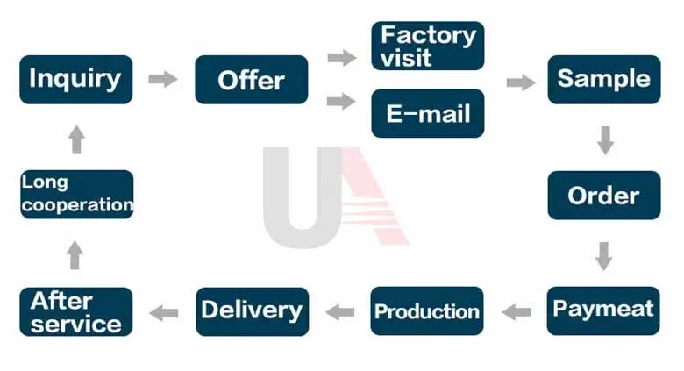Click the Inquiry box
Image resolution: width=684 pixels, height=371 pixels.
76,79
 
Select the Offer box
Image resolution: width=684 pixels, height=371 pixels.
252,80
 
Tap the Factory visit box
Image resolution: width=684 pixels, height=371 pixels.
428,46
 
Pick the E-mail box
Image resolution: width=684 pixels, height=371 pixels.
428,113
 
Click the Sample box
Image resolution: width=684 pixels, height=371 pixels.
604,79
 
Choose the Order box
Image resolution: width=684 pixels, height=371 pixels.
604,195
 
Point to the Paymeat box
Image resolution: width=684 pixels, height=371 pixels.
603,310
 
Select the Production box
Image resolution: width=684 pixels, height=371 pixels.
427,310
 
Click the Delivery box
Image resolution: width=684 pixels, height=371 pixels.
252,310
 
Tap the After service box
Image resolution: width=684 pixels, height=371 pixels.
76,311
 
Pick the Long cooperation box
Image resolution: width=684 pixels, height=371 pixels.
76,194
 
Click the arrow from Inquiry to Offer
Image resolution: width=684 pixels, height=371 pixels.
163,79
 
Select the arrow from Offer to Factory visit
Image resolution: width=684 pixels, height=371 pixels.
341,58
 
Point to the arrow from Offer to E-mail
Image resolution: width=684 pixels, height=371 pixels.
341,102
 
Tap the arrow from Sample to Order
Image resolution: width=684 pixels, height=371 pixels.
604,139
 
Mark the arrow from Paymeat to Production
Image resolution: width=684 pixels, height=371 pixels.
517,311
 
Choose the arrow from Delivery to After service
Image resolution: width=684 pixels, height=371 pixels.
164,312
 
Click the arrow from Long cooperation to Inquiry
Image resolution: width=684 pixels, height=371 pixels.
76,139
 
